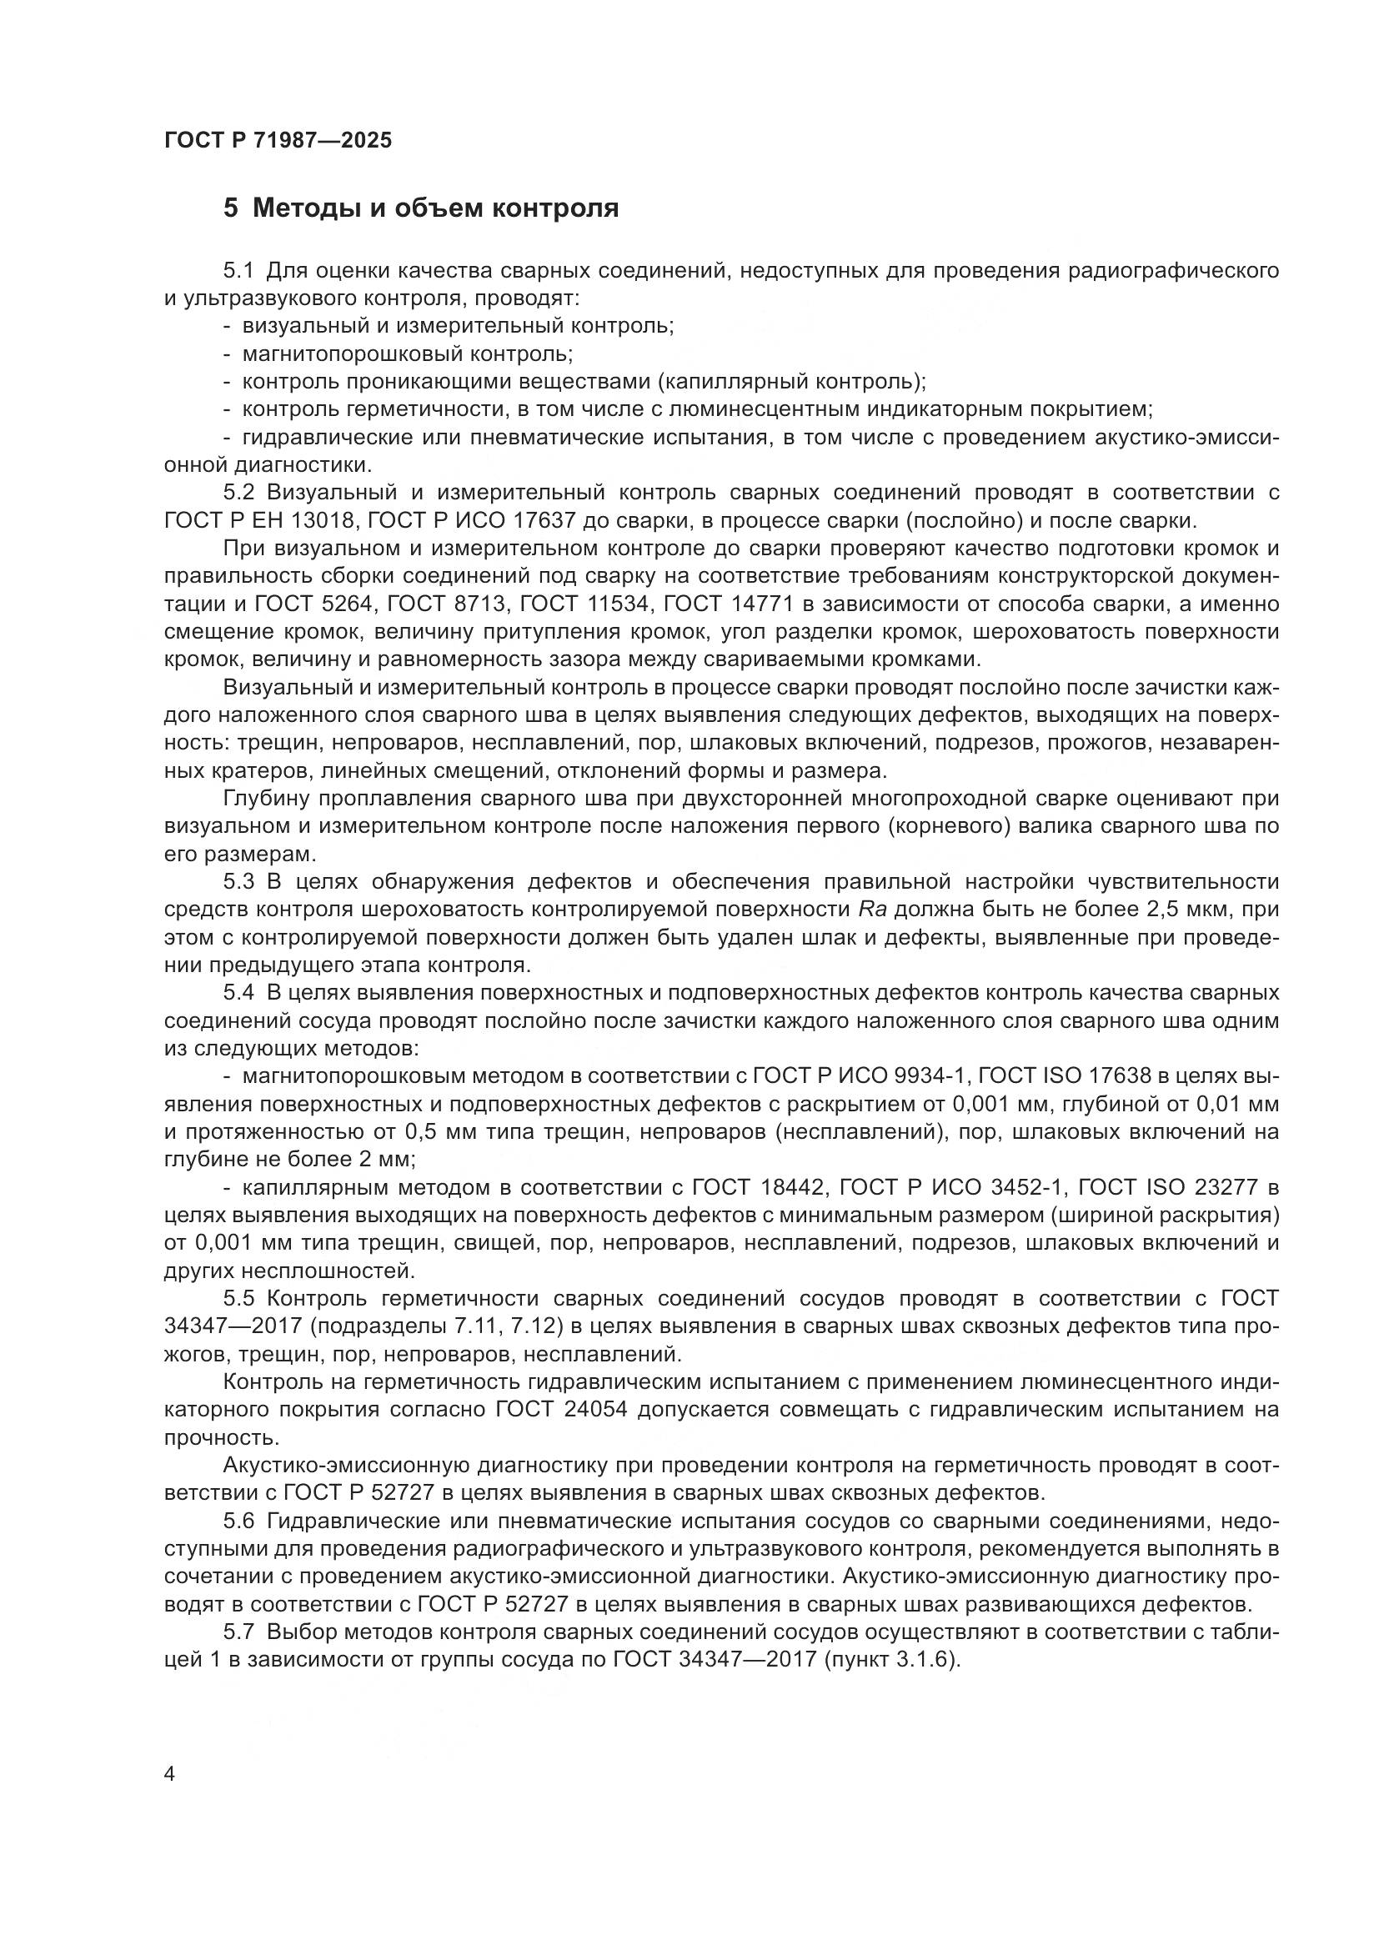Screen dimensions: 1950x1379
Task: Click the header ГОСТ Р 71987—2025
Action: [x=278, y=140]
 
